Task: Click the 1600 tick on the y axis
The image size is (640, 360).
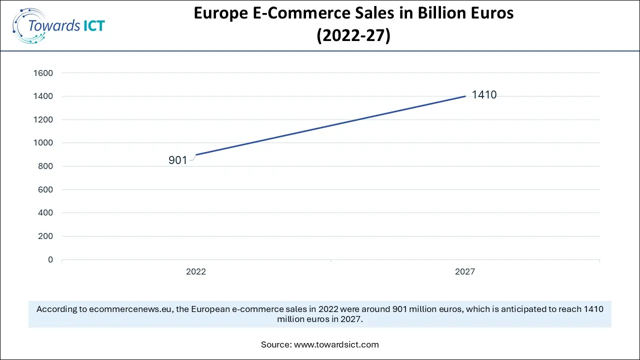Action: (x=43, y=73)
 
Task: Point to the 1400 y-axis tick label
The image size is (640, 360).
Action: (x=43, y=96)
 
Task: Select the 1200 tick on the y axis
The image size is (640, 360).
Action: (x=43, y=119)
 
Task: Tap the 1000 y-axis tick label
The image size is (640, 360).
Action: (x=43, y=143)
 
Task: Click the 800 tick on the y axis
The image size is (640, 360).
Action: (x=45, y=166)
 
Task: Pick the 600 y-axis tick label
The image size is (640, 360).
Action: (x=45, y=189)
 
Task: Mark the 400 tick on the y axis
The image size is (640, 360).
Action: (x=45, y=213)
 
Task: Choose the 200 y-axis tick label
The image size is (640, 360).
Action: (x=45, y=236)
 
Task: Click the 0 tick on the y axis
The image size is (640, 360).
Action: (x=50, y=259)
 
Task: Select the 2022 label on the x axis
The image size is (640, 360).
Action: (x=196, y=272)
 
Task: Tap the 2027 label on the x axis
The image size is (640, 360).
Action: (x=465, y=272)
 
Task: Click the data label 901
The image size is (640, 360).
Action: (x=177, y=160)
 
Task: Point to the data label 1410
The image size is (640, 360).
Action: (x=484, y=95)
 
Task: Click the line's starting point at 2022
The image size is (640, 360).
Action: (x=196, y=154)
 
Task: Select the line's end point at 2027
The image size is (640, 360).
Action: (x=465, y=96)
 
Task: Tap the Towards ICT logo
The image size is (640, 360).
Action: (x=58, y=25)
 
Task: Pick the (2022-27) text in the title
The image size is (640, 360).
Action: (x=353, y=36)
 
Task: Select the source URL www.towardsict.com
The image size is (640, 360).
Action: (x=336, y=344)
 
